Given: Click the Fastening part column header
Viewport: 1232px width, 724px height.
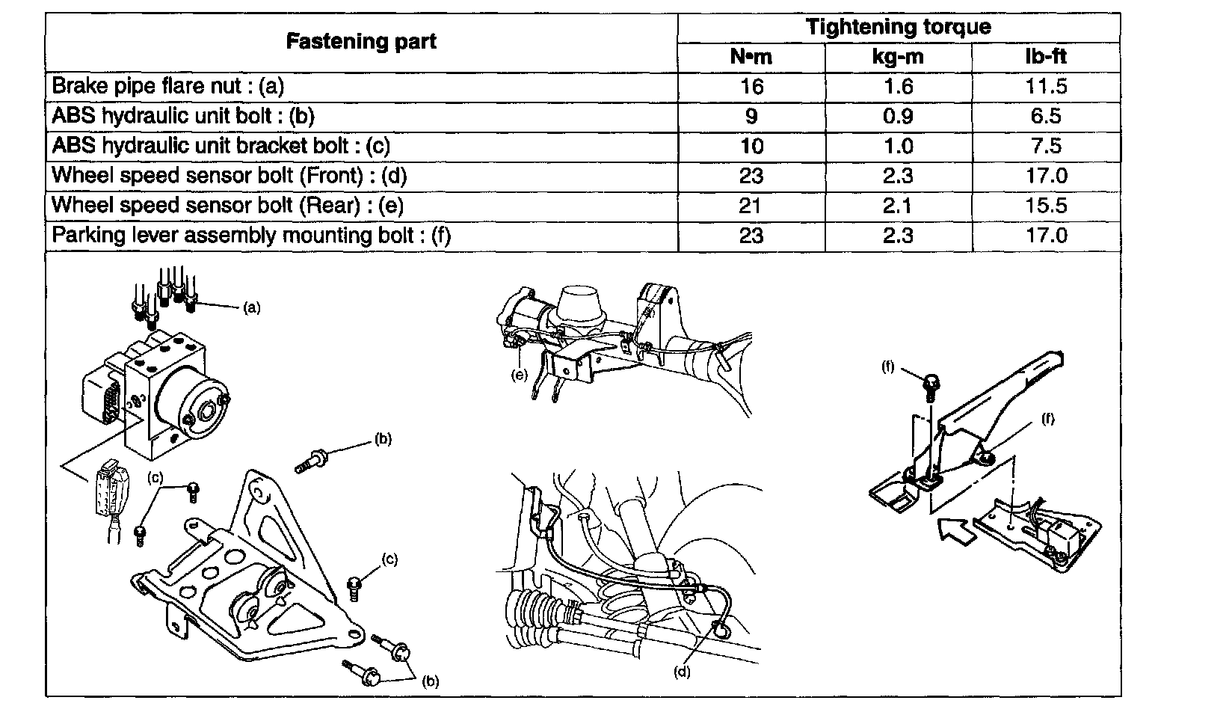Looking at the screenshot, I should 361,42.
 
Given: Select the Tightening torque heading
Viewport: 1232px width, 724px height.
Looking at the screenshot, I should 898,28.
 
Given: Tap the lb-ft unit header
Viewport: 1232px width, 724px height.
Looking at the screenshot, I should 1046,57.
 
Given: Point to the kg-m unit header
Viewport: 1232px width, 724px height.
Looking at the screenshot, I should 898,57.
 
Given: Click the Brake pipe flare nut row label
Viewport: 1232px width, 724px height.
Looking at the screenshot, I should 168,86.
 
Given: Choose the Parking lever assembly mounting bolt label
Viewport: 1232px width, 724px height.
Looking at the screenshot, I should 251,236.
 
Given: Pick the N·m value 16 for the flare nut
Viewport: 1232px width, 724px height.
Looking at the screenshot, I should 751,86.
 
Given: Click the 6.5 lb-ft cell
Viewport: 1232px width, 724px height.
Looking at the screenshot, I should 1046,116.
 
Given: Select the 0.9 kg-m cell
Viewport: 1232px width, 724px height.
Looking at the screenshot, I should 898,116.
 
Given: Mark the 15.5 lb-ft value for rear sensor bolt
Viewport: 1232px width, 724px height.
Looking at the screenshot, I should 1046,206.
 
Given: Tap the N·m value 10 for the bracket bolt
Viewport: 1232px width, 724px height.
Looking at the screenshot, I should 751,146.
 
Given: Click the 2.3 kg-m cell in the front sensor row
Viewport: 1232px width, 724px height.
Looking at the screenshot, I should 898,176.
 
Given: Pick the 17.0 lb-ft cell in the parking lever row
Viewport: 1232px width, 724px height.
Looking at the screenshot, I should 1046,236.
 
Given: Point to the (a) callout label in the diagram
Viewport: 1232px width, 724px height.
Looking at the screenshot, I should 252,307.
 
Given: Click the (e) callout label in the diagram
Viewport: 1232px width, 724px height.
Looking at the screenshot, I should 519,375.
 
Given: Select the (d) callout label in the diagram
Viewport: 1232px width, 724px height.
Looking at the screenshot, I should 682,672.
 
